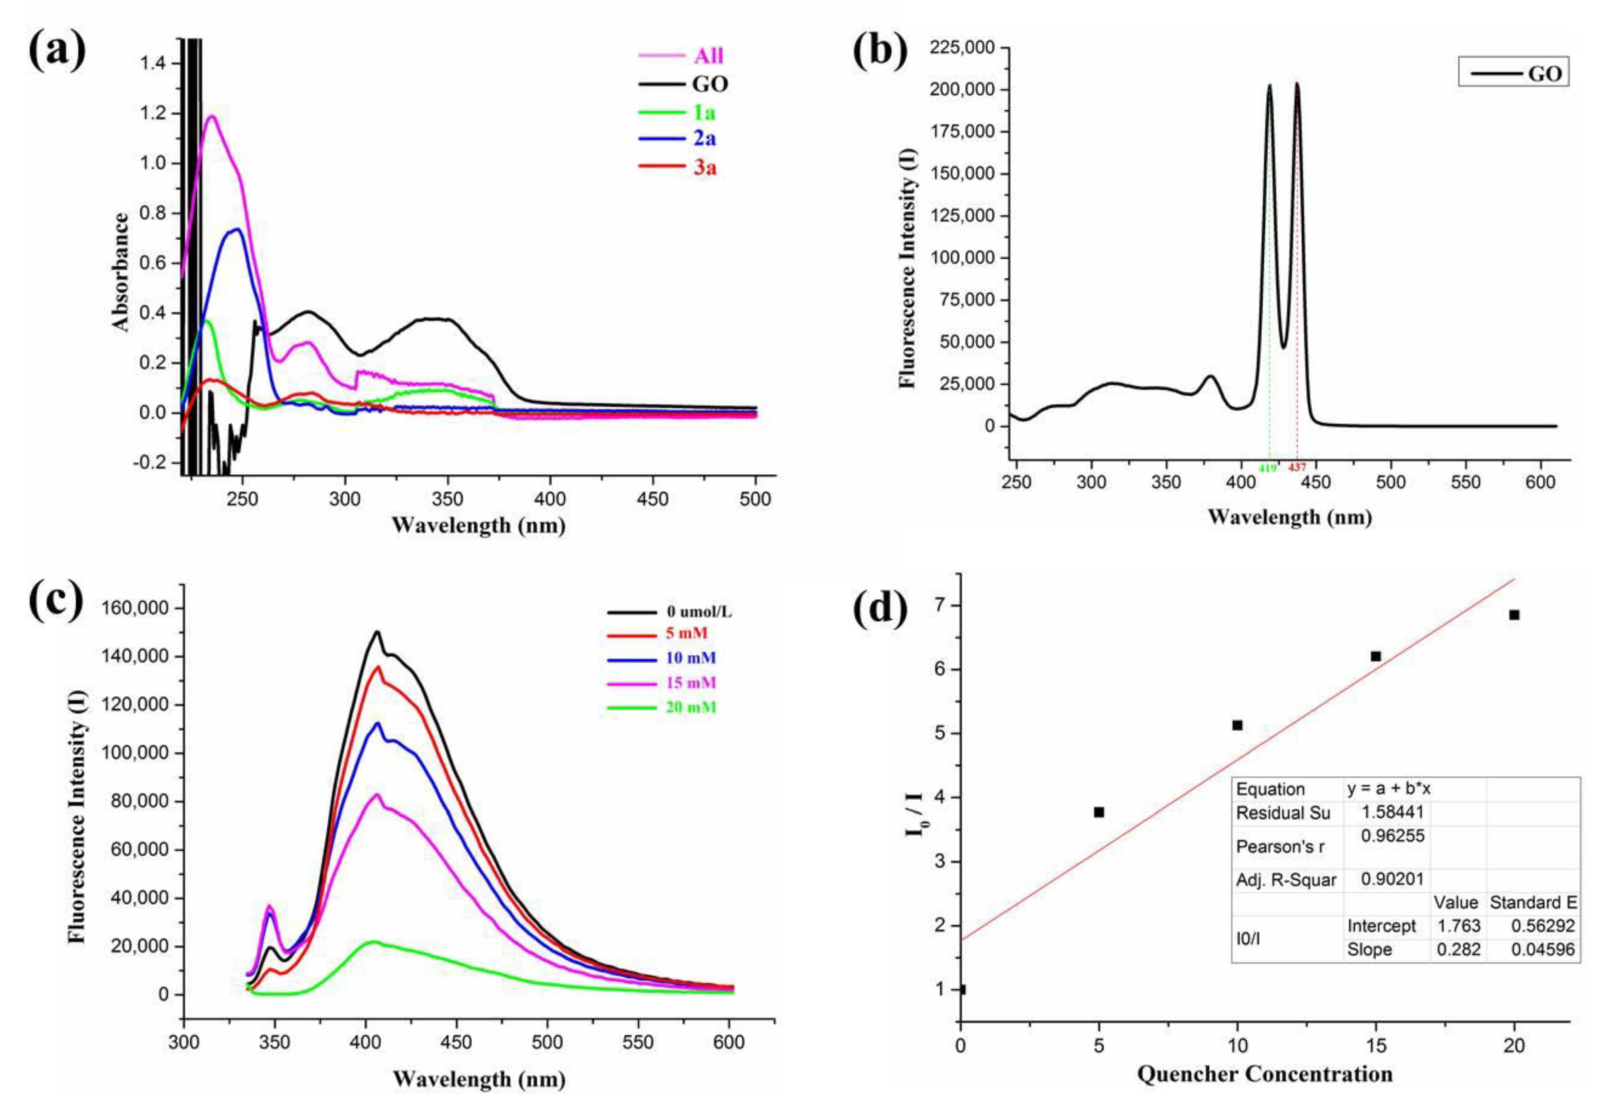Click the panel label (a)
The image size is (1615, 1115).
pos(57,50)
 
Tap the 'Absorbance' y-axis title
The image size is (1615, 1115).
pos(121,272)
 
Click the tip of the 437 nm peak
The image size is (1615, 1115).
pos(1297,84)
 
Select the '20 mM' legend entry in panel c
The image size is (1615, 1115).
pos(691,707)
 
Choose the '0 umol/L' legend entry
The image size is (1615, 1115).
pos(699,612)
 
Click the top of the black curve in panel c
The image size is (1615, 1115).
pos(377,632)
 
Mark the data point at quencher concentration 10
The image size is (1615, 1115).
pos(1237,725)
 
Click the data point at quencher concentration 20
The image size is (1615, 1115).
pos(1514,615)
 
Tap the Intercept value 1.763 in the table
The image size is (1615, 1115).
pos(1458,926)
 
